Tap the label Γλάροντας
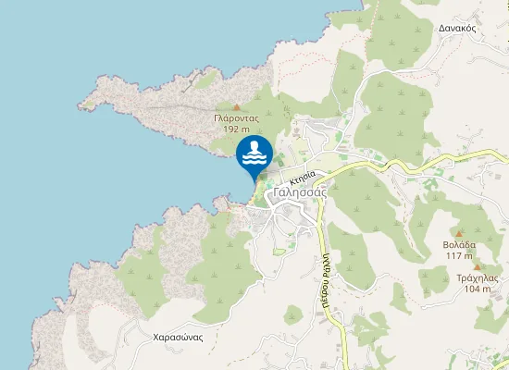(236, 118)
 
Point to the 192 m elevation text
(236, 129)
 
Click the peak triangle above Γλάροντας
(236, 107)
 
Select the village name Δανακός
(458, 29)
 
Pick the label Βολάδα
(460, 245)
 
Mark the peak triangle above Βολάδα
(459, 234)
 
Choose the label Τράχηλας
(478, 277)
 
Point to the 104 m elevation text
(478, 289)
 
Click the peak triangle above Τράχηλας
(478, 267)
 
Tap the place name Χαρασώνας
(178, 337)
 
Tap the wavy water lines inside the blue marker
(254, 160)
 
